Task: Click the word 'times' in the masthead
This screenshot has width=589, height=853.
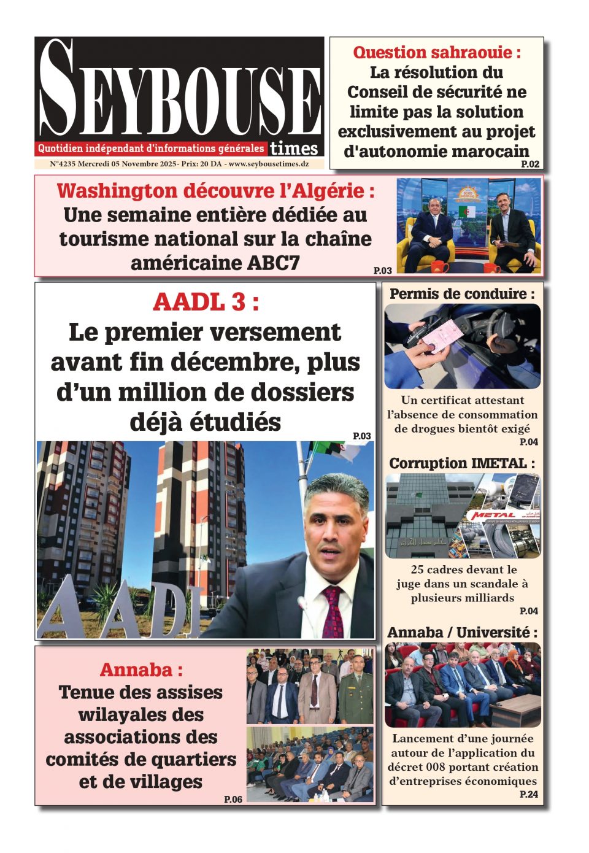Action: tap(294, 149)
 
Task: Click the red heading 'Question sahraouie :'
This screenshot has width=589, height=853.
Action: tap(436, 52)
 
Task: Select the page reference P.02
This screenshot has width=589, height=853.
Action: tap(530, 164)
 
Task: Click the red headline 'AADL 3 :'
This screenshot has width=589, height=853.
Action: tap(205, 302)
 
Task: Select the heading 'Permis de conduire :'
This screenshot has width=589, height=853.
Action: tap(462, 294)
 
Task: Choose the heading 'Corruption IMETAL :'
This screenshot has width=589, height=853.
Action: tap(462, 463)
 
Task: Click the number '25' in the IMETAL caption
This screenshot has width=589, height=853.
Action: tap(417, 569)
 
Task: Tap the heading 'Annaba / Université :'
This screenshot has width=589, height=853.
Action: tap(462, 632)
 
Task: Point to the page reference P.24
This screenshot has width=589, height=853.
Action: tap(528, 794)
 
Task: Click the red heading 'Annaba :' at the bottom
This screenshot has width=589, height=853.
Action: tap(141, 670)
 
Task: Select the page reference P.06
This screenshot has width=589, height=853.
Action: tap(233, 799)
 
